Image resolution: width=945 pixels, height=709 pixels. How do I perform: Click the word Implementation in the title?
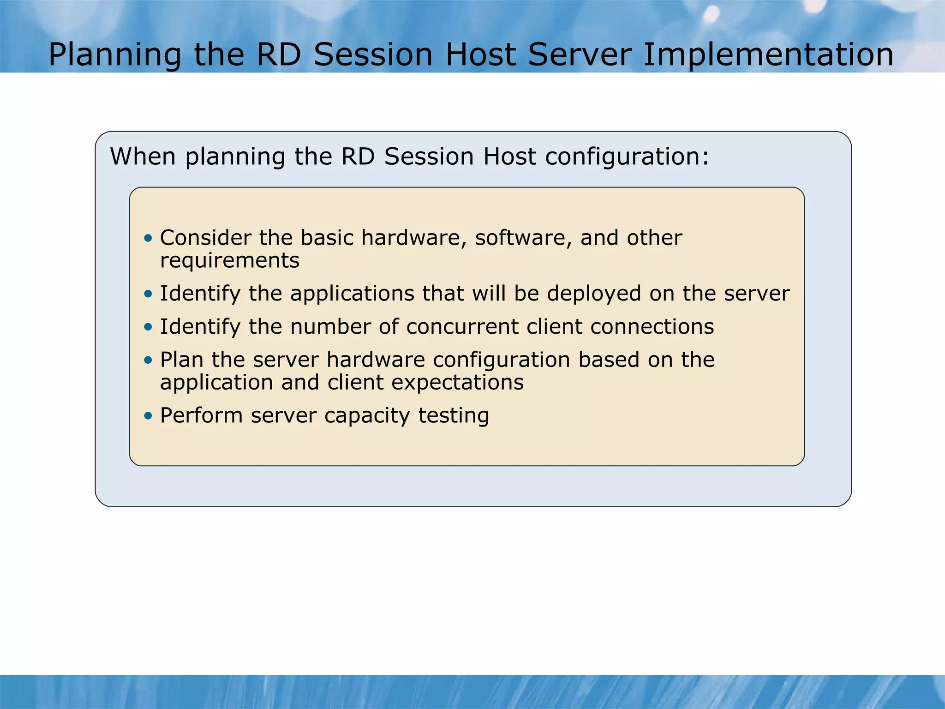[768, 54]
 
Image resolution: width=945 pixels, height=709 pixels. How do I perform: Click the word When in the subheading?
[143, 156]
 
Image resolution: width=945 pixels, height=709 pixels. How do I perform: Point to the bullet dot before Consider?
[148, 238]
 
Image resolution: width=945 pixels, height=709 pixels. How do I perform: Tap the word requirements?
[230, 260]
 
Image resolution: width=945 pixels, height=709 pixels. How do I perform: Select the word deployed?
[594, 294]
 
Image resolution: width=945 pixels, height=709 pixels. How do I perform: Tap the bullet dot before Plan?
[148, 360]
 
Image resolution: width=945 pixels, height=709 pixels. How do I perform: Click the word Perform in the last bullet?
[201, 415]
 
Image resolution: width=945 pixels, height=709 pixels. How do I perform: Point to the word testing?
[454, 415]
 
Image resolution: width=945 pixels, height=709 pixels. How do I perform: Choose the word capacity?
[367, 415]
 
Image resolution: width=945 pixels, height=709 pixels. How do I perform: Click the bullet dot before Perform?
[148, 415]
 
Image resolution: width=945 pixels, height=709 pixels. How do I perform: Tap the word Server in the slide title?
[580, 54]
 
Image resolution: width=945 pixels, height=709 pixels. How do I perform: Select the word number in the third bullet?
[330, 327]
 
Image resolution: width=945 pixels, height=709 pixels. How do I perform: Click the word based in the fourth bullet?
[609, 360]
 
